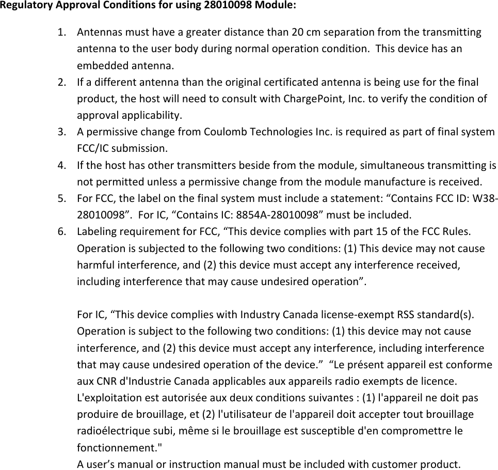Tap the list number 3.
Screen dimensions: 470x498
[x=61, y=132]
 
